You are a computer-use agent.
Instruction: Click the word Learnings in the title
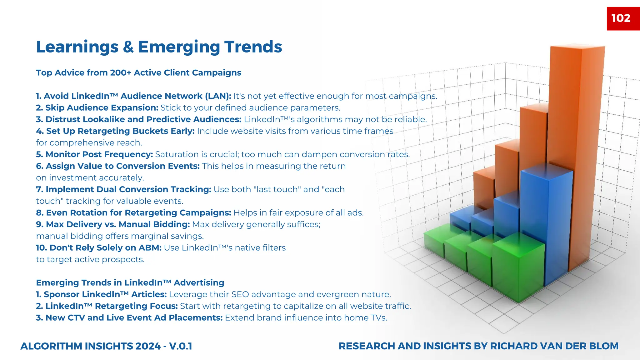point(77,47)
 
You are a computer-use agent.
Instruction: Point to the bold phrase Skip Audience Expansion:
point(97,108)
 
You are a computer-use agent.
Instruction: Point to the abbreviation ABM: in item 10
point(152,248)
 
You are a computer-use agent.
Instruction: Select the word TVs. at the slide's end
point(379,318)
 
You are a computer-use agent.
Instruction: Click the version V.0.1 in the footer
point(181,346)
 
